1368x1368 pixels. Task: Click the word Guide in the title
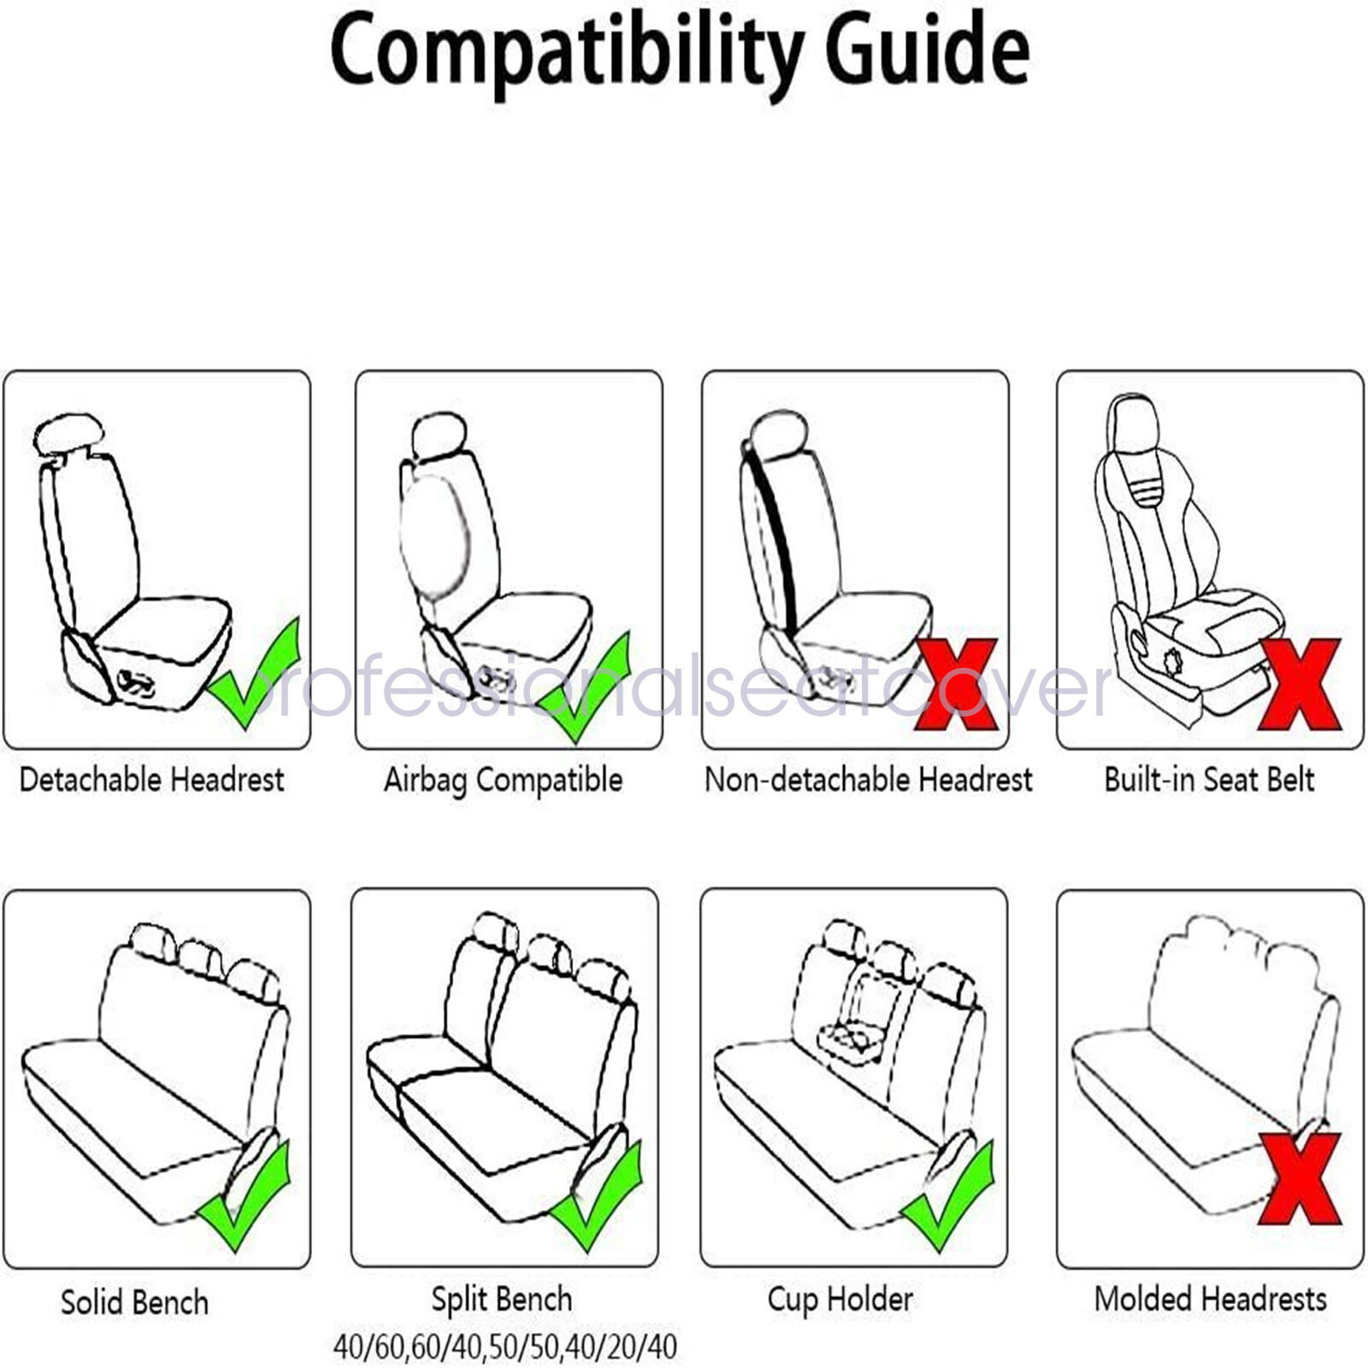tap(927, 50)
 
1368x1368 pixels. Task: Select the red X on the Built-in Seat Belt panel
tap(1299, 684)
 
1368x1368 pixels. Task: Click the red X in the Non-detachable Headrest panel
tap(956, 684)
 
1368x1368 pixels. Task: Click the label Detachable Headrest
tap(151, 780)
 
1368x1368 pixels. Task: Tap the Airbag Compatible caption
tap(503, 780)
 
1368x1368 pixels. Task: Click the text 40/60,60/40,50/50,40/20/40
tap(504, 1347)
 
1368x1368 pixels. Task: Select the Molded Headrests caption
tap(1210, 1299)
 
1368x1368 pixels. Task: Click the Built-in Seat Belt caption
tap(1209, 780)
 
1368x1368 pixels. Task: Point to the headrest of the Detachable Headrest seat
tap(68, 434)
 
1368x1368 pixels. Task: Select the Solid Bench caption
tap(134, 1302)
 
